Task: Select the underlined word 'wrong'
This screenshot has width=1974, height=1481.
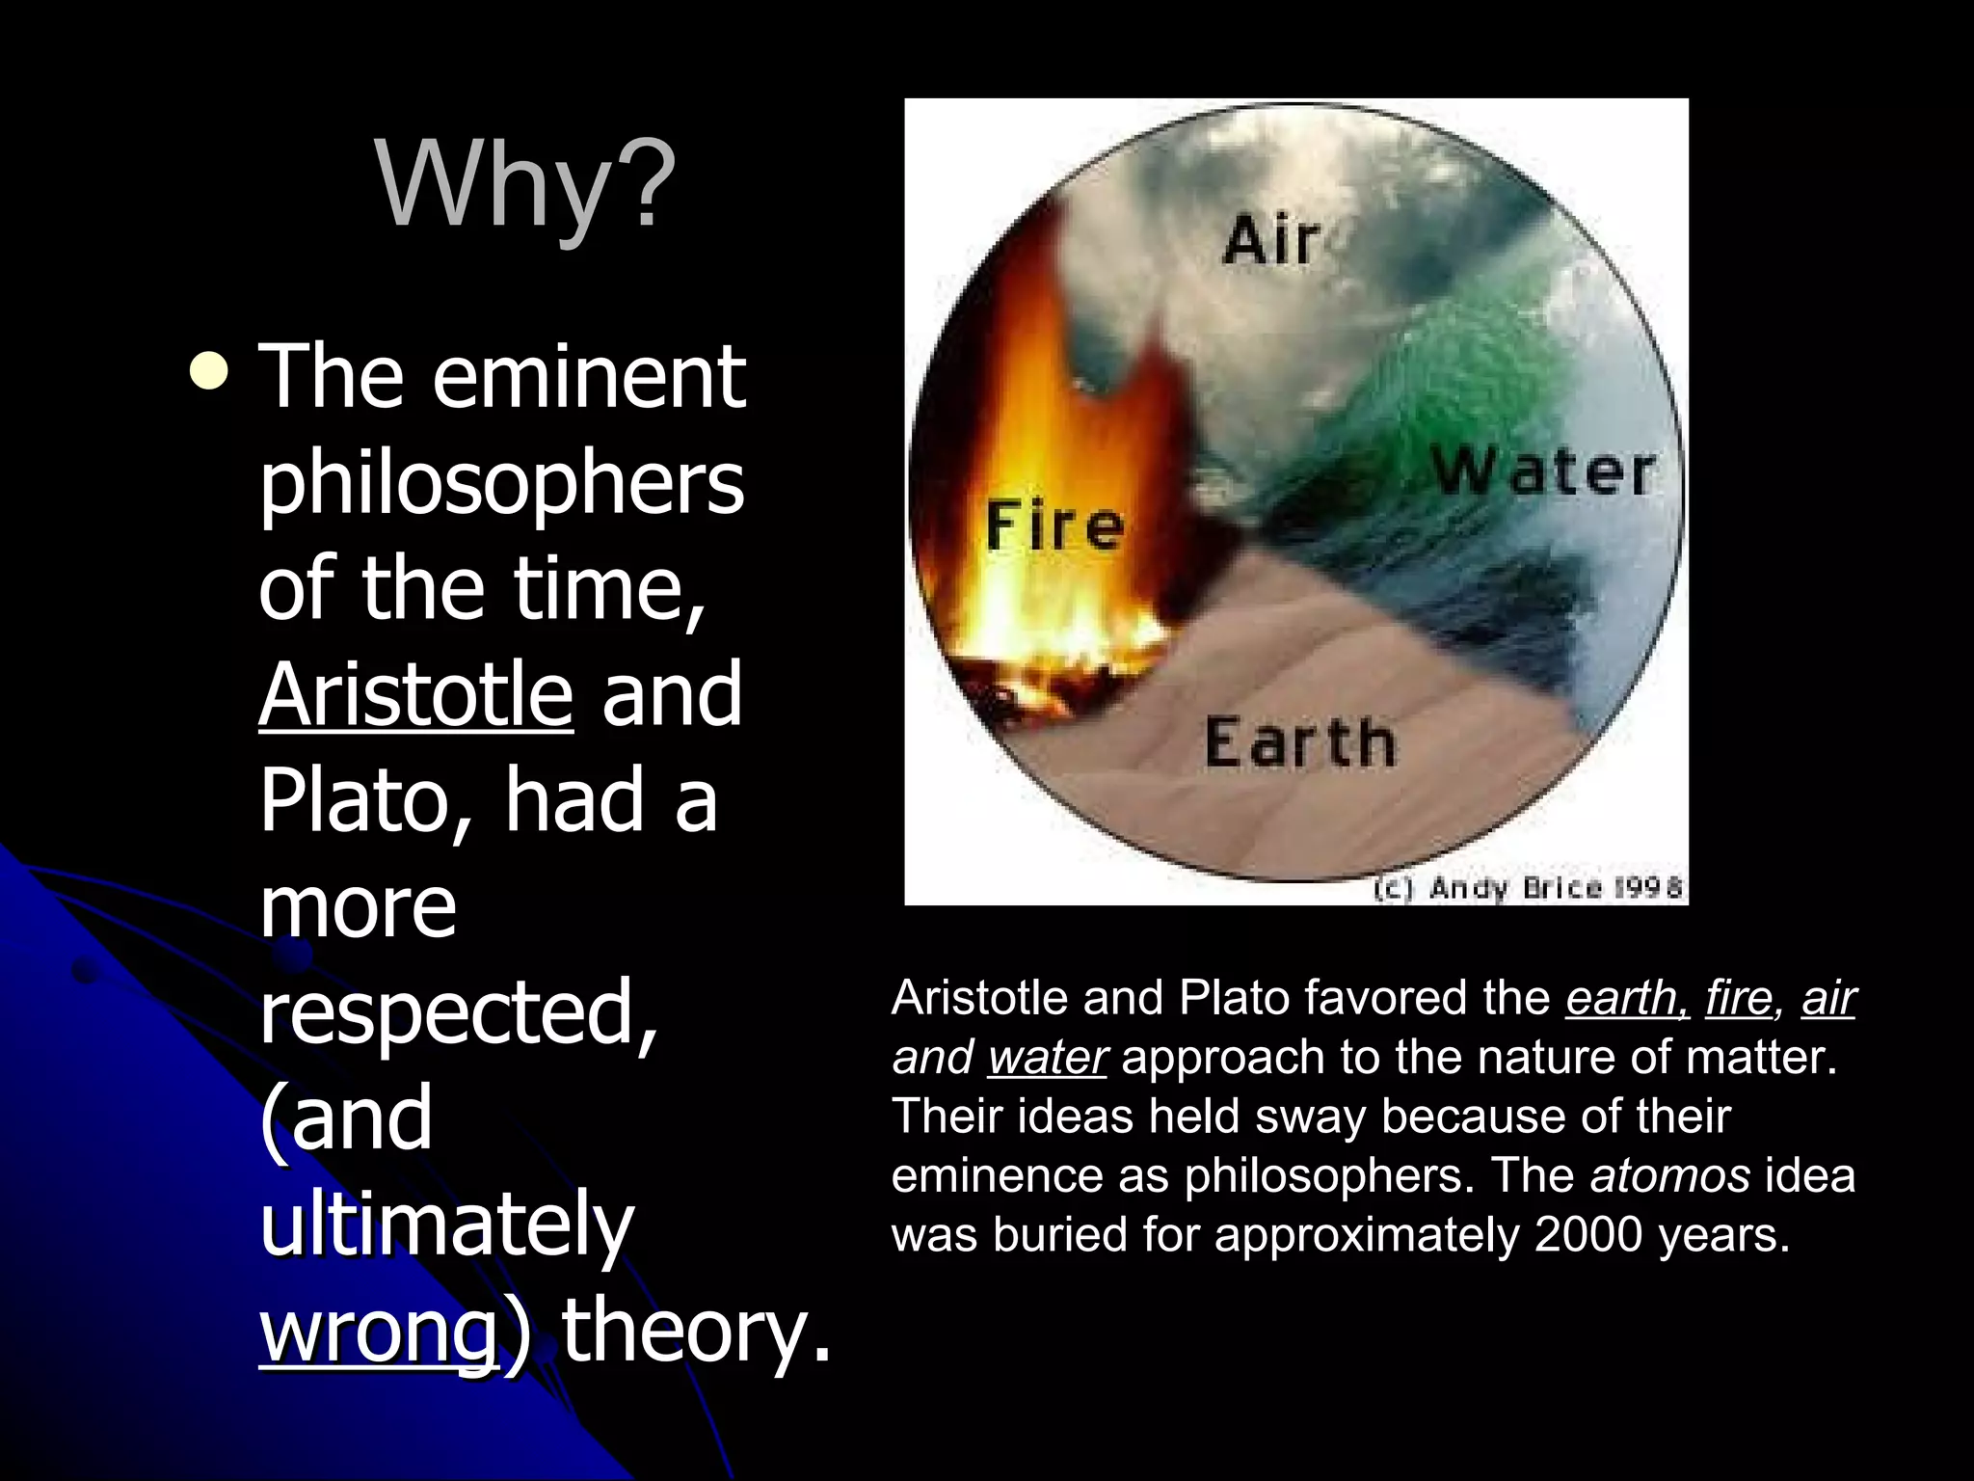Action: [379, 1331]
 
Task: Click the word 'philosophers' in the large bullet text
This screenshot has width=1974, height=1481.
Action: [501, 482]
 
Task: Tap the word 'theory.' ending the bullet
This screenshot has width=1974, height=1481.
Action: [696, 1331]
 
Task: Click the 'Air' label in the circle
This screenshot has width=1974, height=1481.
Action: [1270, 240]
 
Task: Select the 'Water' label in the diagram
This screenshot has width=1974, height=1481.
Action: [1542, 472]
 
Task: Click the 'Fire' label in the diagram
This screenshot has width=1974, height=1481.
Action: [1054, 526]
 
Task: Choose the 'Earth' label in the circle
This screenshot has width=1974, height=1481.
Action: [1299, 743]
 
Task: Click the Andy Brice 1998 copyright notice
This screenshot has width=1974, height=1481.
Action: [1528, 888]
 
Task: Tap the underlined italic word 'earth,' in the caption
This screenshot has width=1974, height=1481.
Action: [1627, 998]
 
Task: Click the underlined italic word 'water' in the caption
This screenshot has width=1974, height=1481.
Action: [1048, 1058]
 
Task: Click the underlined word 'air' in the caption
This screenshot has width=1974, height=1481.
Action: [1827, 998]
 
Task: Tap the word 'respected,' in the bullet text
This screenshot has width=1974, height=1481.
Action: [459, 1012]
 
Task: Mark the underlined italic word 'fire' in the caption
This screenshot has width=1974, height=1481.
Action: [1738, 998]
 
